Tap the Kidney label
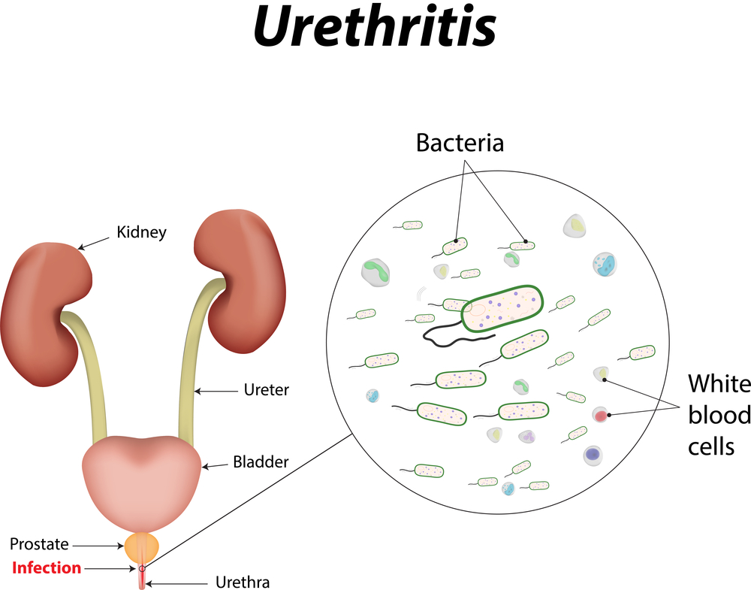(141, 232)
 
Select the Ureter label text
(266, 390)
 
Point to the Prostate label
(39, 544)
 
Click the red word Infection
(47, 567)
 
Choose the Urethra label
(242, 582)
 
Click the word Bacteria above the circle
(460, 142)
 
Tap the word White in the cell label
(719, 384)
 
